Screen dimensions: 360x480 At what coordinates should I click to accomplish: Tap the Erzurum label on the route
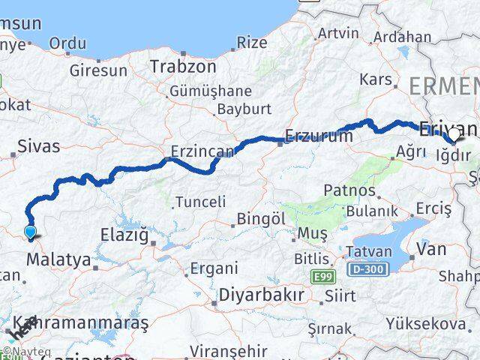tap(319, 136)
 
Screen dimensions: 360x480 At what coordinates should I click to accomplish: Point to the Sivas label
tap(37, 146)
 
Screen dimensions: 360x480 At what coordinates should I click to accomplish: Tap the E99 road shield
tap(324, 277)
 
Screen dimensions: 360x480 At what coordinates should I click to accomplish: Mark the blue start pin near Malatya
tap(30, 232)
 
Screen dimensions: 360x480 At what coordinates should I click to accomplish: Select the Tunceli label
tap(200, 201)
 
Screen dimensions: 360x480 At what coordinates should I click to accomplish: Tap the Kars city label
tap(376, 79)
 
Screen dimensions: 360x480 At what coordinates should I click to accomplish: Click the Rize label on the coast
tap(252, 43)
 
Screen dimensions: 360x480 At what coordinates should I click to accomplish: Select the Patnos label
tap(349, 190)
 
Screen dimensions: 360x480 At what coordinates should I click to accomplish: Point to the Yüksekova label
tap(425, 324)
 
